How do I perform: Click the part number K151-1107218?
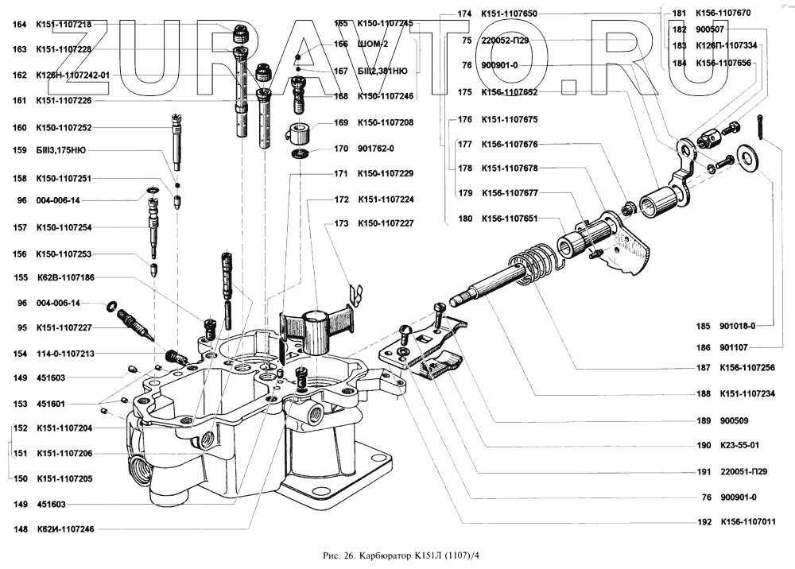tap(64, 24)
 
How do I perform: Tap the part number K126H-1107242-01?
tap(72, 75)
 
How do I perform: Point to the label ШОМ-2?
tap(373, 44)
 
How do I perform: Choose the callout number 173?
tap(341, 224)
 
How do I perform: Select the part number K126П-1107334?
tap(726, 45)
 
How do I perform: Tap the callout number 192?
tap(703, 522)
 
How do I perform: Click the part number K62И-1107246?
tap(65, 529)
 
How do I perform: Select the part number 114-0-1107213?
tap(64, 353)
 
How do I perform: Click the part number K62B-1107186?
tap(65, 277)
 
